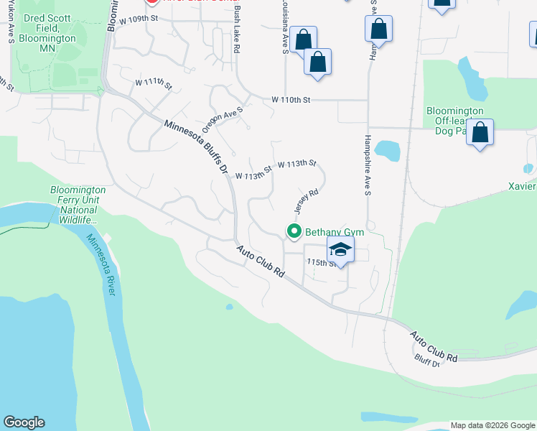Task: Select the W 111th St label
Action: click(x=154, y=85)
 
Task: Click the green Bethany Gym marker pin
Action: click(x=294, y=231)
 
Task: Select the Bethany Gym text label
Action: click(x=335, y=232)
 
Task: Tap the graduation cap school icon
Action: click(x=340, y=249)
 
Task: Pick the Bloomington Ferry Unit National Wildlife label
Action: click(x=78, y=204)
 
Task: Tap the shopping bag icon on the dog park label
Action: click(x=480, y=132)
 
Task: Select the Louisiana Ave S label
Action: click(x=285, y=32)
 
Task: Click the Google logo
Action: click(x=24, y=422)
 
